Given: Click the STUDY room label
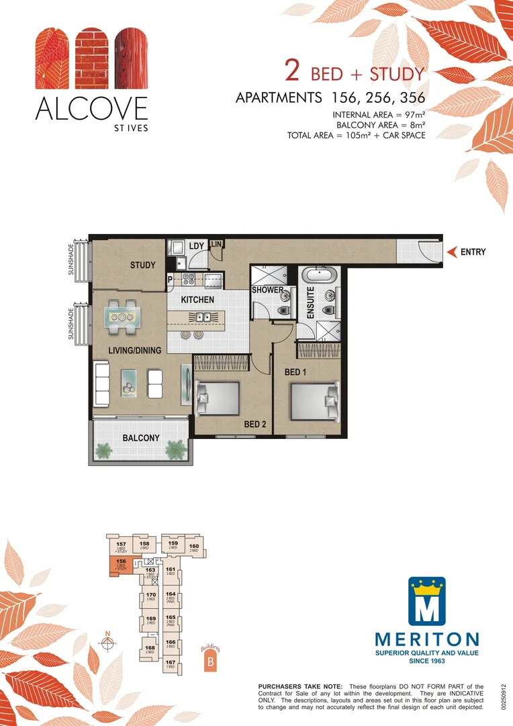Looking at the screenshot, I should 142,265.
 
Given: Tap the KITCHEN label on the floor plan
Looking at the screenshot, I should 197,299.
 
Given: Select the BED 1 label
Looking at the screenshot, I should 296,371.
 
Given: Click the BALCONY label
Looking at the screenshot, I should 141,438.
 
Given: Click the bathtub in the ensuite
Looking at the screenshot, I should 319,275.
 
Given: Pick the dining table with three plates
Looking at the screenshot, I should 123,317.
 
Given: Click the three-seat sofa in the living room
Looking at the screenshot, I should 103,383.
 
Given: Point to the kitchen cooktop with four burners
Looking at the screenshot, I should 185,281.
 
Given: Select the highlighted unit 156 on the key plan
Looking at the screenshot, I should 121,566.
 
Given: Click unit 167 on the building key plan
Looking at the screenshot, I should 171,664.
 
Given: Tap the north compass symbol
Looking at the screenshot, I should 107,643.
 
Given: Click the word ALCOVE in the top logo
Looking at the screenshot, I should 91,108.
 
